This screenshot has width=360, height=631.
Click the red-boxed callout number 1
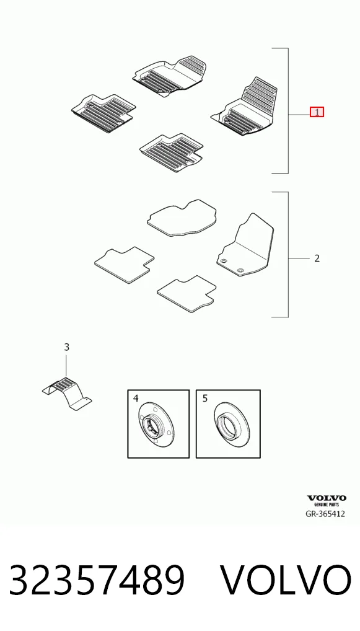tap(317, 112)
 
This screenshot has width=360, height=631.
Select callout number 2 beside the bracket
tap(317, 258)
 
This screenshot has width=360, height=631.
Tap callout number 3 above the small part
tap(67, 347)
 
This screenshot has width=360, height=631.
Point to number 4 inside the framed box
tap(136, 399)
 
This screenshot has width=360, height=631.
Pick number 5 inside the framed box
tap(205, 399)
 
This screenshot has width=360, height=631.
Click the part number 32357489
tap(97, 580)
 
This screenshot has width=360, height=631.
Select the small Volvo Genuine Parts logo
tap(327, 501)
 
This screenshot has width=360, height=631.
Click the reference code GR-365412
tap(325, 514)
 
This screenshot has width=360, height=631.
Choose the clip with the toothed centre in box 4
tap(157, 424)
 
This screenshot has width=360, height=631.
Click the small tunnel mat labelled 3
tap(67, 394)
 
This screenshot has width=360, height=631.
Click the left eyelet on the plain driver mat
tap(224, 261)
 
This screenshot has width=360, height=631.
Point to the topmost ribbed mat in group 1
tap(170, 75)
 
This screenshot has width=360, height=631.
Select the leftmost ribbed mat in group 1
tap(103, 113)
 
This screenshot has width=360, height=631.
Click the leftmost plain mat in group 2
tap(125, 265)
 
